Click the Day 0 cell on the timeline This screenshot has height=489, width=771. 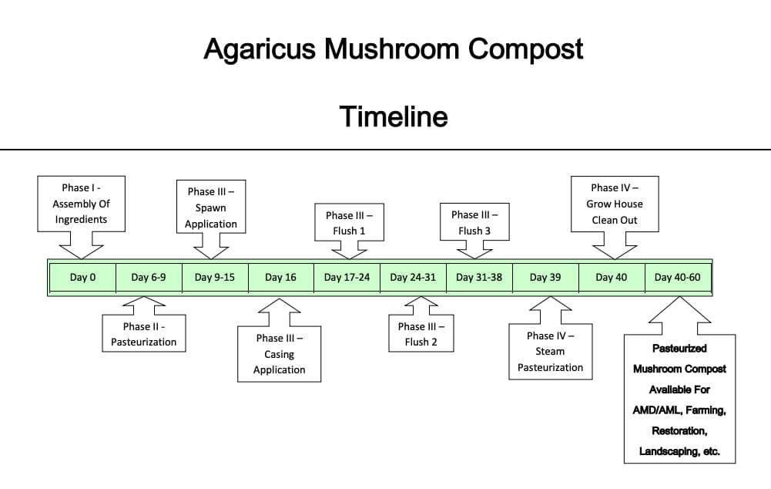click(82, 277)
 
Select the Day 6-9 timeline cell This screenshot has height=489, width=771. click(149, 277)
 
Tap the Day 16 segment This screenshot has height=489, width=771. click(281, 277)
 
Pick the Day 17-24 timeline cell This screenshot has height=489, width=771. click(347, 277)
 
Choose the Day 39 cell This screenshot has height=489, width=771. click(545, 277)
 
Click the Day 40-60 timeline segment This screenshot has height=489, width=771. click(678, 277)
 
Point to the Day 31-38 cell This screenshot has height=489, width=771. click(479, 277)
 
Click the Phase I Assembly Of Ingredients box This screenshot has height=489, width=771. click(81, 204)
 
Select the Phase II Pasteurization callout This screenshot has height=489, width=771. click(143, 333)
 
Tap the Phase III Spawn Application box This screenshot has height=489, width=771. click(211, 207)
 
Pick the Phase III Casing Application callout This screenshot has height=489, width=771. click(280, 353)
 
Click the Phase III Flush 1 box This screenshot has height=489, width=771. click(349, 223)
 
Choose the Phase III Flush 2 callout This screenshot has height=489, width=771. click(421, 333)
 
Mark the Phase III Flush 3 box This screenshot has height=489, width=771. click(474, 222)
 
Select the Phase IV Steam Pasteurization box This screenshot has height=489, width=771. click(550, 351)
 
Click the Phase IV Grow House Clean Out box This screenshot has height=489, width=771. click(615, 204)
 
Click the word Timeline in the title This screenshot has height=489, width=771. click(394, 116)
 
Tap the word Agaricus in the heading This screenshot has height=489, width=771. click(260, 49)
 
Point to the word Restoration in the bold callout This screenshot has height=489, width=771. click(679, 431)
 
